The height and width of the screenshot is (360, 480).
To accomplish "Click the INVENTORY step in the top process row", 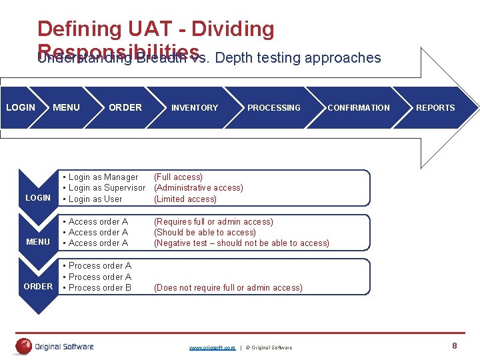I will pos(195,107).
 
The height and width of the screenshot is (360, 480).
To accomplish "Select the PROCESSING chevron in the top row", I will pos(273,107).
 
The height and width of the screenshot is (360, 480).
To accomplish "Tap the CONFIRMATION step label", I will pos(358,107).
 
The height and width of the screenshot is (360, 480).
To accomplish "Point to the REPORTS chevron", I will pos(435,107).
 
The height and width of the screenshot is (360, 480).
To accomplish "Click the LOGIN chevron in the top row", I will pos(21,107).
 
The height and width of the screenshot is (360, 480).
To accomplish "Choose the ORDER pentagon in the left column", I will pos(38,286).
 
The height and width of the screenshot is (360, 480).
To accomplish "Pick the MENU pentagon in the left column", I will pos(38,241).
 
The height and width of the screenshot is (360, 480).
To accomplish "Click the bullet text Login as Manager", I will pos(103,177).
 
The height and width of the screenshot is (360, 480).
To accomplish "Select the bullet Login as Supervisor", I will pos(107,188).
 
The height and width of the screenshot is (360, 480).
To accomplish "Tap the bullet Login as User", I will pos(95,199).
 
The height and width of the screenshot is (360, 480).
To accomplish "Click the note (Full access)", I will pos(178,177).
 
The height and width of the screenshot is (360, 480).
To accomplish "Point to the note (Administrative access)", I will pos(199,188).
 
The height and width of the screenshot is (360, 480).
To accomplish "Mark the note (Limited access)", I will pos(185,199).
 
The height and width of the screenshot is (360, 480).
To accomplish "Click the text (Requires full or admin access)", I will pos(213,221).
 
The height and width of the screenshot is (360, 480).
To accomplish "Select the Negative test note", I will pos(241,243).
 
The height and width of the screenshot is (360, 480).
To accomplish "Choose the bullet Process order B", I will pos(100,287).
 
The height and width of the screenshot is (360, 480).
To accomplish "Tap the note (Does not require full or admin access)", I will pos(228,287).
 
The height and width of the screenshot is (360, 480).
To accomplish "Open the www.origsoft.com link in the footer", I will pos(212,347).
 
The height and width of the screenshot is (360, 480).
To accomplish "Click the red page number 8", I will pos(455,345).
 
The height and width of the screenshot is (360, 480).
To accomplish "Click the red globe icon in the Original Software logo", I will pos(25,346).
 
